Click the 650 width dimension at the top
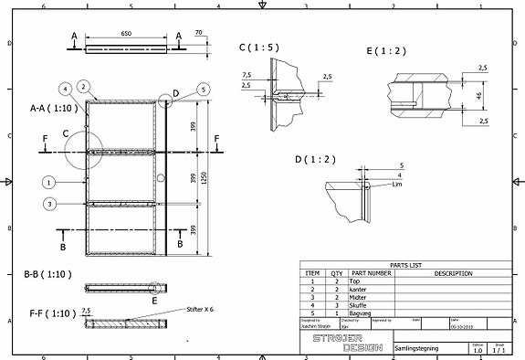[126, 35]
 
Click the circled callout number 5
[202, 89]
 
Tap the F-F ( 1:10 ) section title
[48, 312]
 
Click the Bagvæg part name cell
[359, 312]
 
